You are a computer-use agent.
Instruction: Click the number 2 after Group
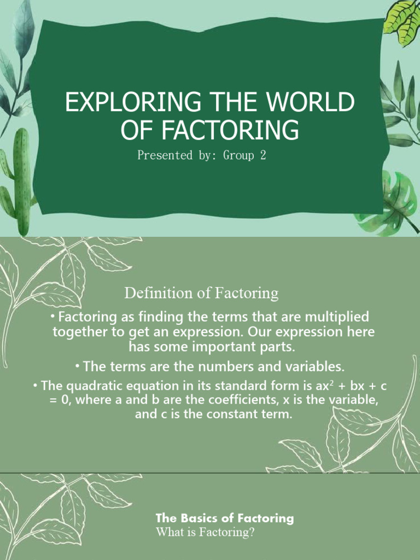[x=262, y=155]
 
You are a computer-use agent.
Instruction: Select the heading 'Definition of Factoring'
[x=201, y=293]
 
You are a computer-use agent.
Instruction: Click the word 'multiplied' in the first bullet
[x=339, y=317]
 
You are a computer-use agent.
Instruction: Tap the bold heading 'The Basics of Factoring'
[x=224, y=517]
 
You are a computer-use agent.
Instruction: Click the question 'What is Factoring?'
[x=206, y=532]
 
